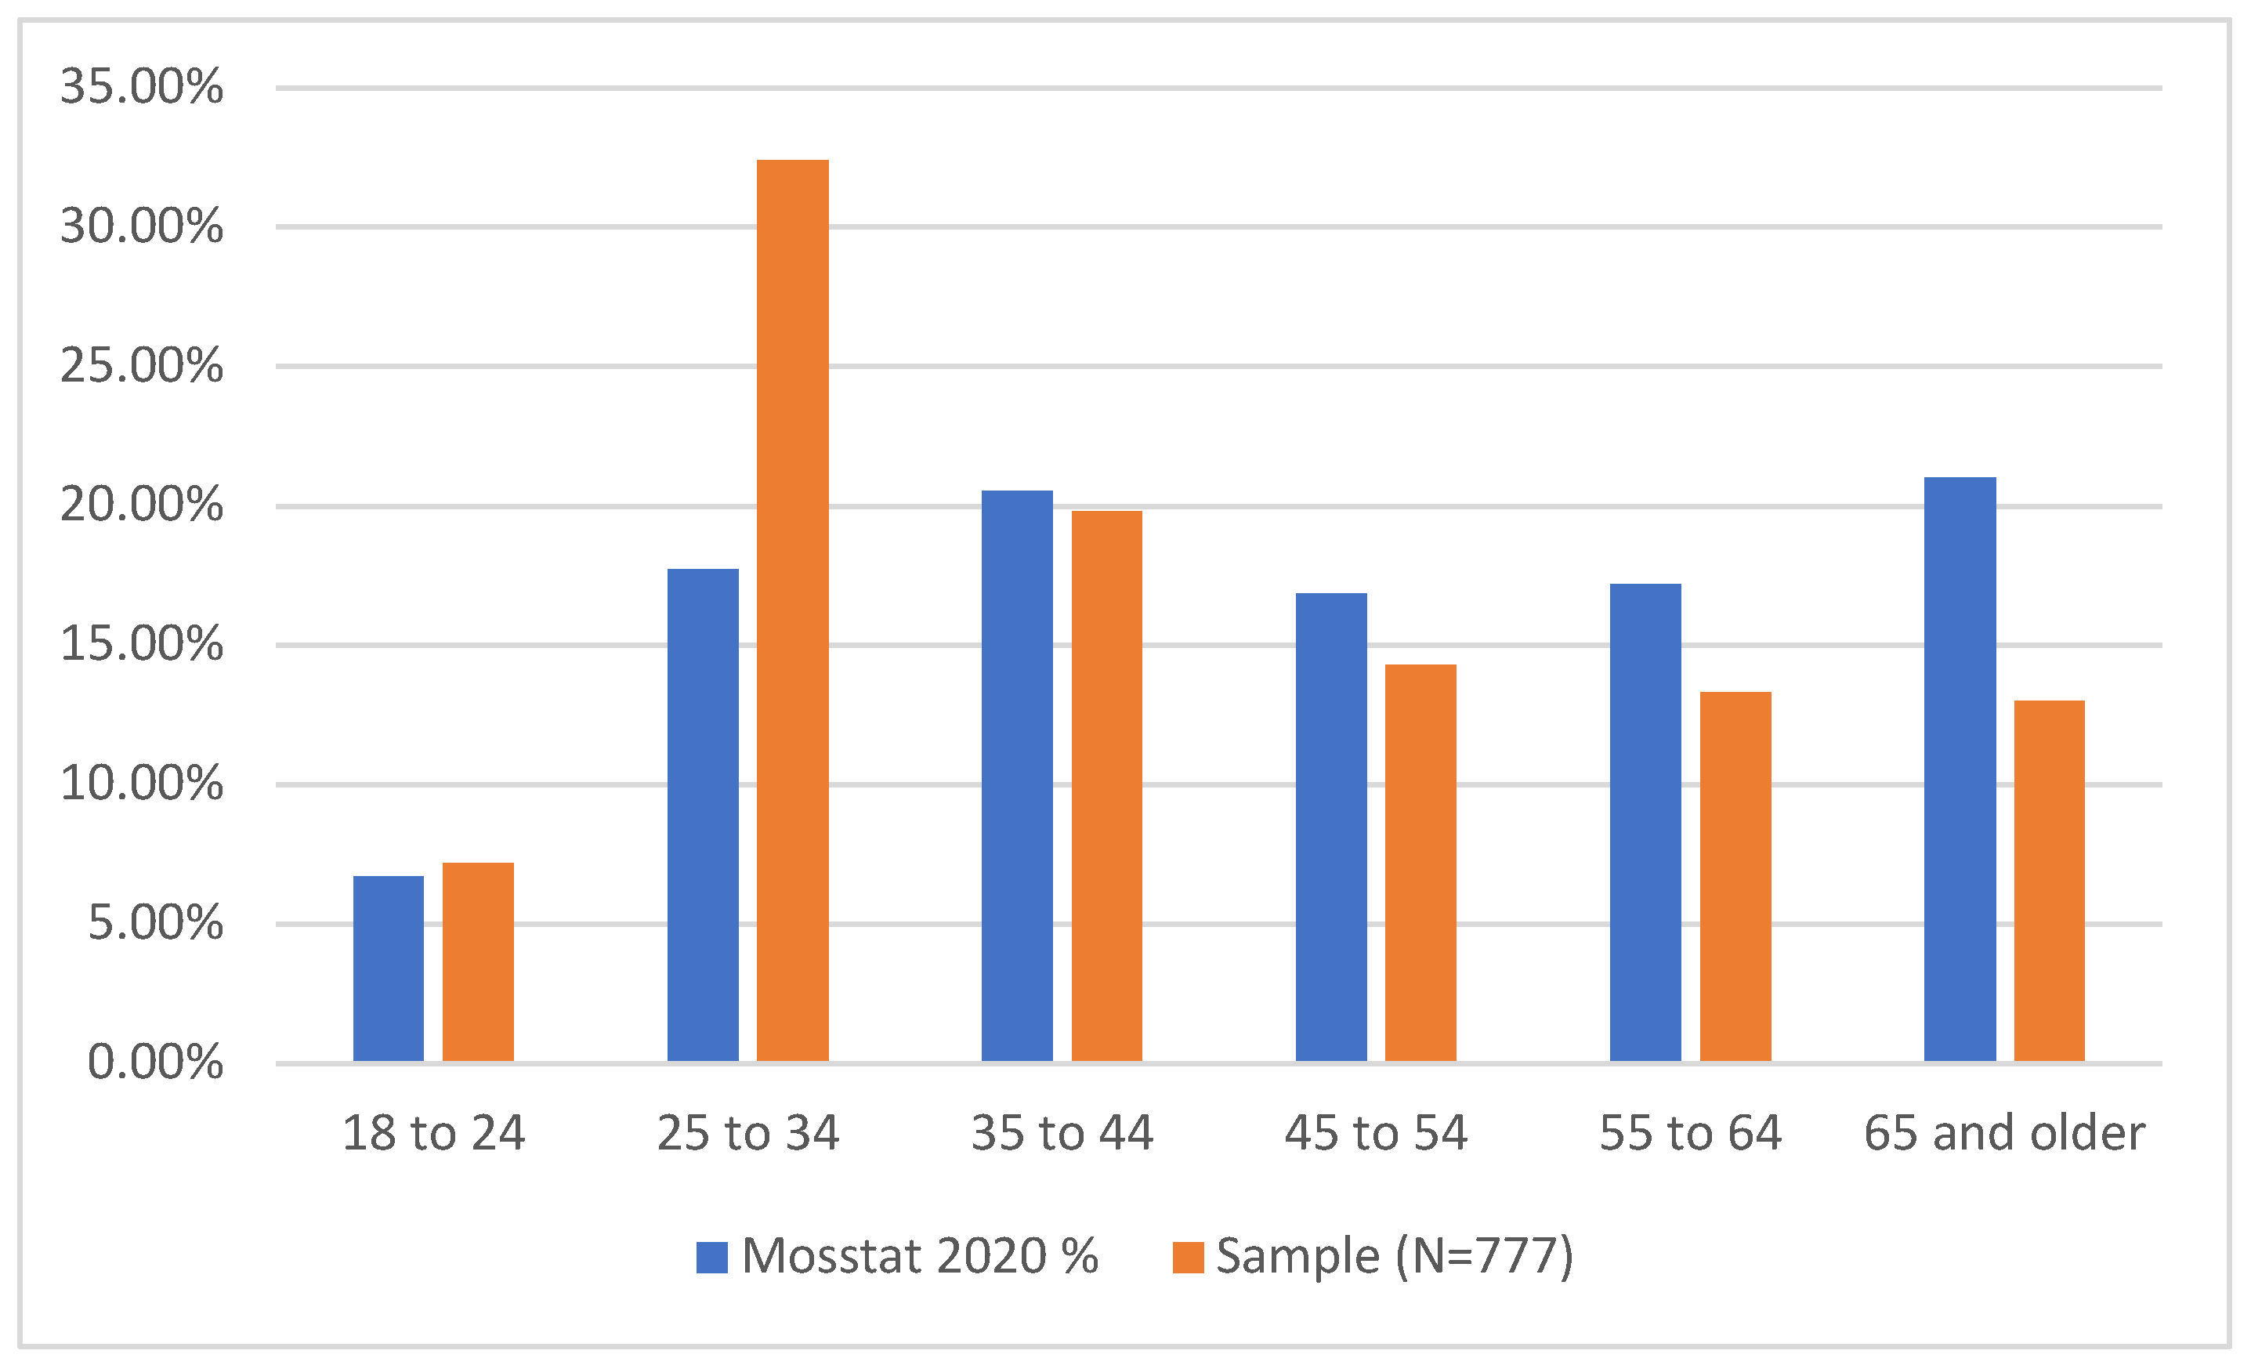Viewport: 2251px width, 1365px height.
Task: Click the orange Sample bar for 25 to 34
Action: click(x=792, y=610)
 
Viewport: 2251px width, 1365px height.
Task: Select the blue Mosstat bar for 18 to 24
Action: click(x=389, y=969)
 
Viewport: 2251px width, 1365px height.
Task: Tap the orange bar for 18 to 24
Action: click(x=478, y=961)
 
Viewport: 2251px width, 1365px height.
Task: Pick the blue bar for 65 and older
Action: click(x=1960, y=769)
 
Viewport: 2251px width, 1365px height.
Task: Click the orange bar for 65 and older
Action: click(x=2049, y=881)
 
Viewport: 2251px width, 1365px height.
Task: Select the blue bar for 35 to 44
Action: click(x=1017, y=776)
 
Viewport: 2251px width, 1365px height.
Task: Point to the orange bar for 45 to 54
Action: click(x=1420, y=863)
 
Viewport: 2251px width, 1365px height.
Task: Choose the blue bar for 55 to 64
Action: click(x=1645, y=822)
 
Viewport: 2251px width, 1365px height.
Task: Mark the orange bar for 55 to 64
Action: click(x=1735, y=876)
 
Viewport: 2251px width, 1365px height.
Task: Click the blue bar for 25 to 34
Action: click(x=703, y=815)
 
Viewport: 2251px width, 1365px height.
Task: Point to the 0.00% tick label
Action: click(x=155, y=1062)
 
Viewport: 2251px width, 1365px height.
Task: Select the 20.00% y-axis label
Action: click(x=142, y=505)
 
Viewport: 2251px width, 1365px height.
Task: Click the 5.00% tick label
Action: click(x=155, y=923)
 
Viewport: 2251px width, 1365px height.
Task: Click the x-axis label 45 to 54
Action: click(x=1376, y=1133)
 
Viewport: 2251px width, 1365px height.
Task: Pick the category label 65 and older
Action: click(x=2004, y=1133)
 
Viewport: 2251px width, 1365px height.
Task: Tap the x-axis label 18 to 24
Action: click(x=433, y=1133)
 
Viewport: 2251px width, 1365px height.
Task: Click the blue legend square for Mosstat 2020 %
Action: click(x=711, y=1257)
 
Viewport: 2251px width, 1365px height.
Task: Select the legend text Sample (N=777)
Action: click(x=1394, y=1256)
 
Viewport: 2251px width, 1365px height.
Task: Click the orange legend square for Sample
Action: click(x=1188, y=1257)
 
